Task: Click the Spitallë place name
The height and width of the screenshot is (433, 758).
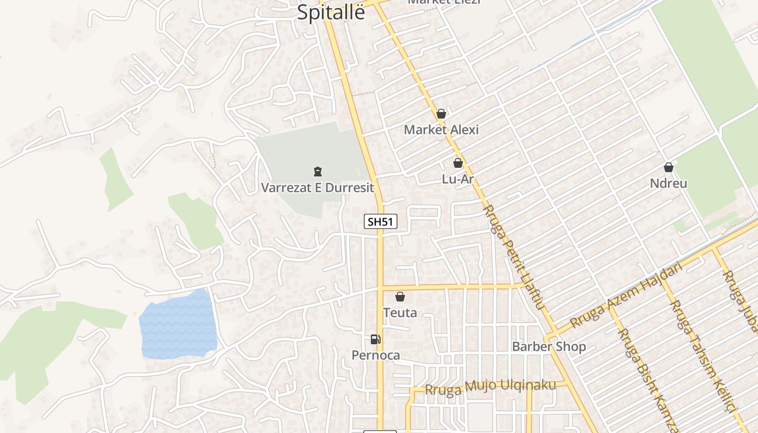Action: point(331,12)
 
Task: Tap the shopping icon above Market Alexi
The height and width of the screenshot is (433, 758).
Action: point(441,114)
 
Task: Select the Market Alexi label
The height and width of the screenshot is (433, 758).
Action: point(441,130)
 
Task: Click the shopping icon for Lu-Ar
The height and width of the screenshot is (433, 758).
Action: point(458,162)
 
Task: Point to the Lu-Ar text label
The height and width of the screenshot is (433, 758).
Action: point(458,179)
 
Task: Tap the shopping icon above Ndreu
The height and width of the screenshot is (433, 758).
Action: point(669,167)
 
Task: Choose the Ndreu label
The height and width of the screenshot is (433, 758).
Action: point(669,183)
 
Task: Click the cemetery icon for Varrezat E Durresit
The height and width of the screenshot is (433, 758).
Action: point(318,172)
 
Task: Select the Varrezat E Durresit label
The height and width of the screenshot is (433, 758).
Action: point(318,188)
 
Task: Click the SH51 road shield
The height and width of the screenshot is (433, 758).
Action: point(381,221)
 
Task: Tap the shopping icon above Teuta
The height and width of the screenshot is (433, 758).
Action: point(400,297)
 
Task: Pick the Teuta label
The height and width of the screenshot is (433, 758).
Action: point(400,313)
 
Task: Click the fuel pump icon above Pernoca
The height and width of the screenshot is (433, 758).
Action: point(375,339)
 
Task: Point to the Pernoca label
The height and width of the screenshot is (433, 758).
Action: point(376,356)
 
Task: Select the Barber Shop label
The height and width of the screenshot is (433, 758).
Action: point(549,346)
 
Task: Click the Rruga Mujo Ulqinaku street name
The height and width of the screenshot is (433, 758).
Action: point(491,387)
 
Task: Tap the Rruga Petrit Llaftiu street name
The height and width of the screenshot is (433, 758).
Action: point(512,257)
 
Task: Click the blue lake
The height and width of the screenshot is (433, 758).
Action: point(179,325)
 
